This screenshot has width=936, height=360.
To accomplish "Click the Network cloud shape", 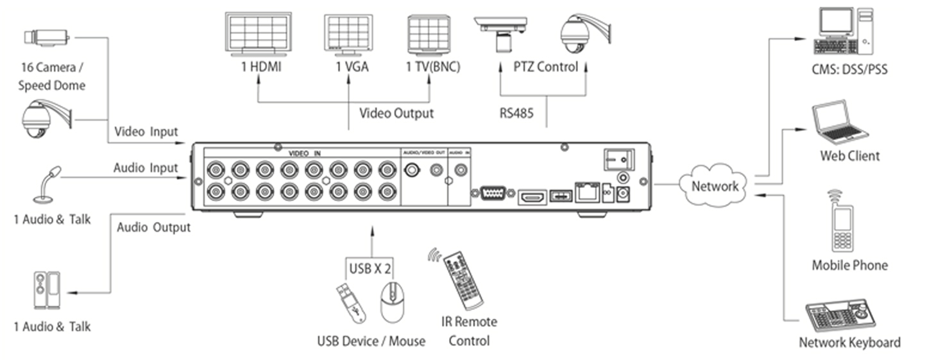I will point(714,185).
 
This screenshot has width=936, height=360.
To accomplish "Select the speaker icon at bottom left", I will point(47,291).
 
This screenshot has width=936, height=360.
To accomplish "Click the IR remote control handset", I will point(464,279).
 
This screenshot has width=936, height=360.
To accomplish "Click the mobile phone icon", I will point(842,225).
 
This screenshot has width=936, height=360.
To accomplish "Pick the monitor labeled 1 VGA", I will point(348,35).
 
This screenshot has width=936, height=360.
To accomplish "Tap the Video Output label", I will point(396,114).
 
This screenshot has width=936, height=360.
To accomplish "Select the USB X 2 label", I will point(370,268).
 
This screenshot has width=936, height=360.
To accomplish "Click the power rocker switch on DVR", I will point(618,159).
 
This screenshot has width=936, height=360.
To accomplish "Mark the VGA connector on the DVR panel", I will point(492,194).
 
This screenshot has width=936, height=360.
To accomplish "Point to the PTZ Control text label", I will point(545,67).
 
